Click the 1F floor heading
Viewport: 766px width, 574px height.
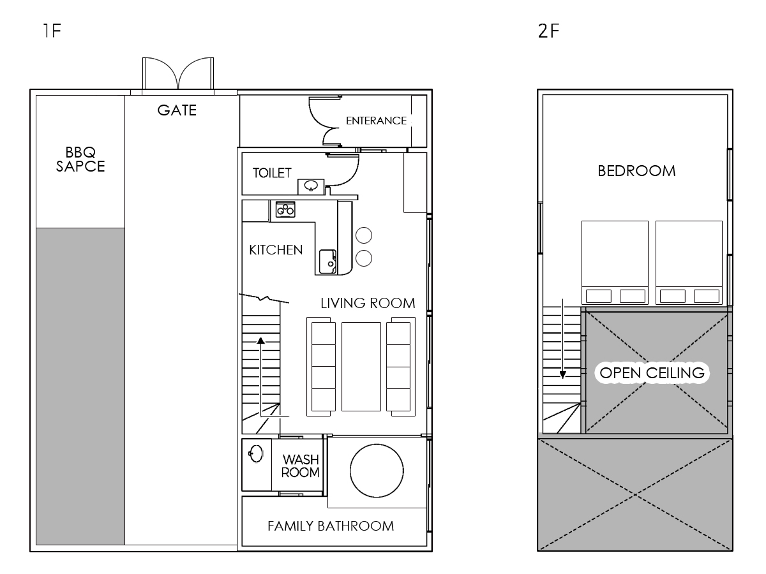click(x=52, y=31)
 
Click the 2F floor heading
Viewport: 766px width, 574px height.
click(x=548, y=31)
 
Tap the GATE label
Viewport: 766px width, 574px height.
click(x=177, y=110)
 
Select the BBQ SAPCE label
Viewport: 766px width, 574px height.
click(x=80, y=159)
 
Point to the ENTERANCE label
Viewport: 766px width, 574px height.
click(x=376, y=121)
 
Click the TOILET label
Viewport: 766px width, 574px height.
click(x=272, y=173)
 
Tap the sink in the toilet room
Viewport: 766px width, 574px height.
click(x=311, y=186)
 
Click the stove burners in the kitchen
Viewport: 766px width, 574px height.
click(x=285, y=209)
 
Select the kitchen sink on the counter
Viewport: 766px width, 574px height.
click(x=327, y=261)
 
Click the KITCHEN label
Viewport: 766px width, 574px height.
click(x=276, y=250)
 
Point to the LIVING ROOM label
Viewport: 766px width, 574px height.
click(x=368, y=303)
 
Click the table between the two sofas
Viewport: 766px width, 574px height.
click(x=361, y=367)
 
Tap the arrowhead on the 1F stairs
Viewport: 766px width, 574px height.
click(x=260, y=341)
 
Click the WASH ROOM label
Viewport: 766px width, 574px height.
click(x=301, y=466)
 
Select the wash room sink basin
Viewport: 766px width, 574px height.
click(x=256, y=453)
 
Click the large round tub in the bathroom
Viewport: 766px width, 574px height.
click(x=377, y=471)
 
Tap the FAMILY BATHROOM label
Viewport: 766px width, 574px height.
click(x=331, y=526)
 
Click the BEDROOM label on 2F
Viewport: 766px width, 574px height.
click(x=636, y=171)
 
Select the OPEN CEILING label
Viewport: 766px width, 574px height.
click(x=652, y=373)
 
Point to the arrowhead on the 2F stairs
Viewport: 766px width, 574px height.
click(x=562, y=375)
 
